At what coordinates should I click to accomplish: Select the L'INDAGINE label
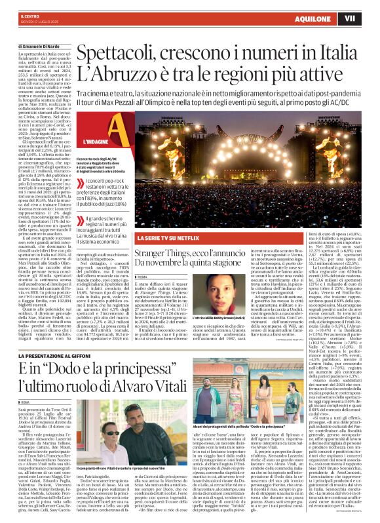tap(96, 158)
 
